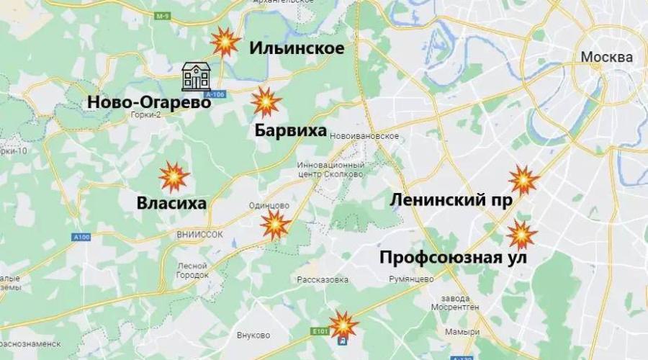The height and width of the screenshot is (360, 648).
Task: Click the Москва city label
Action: pos(607,58)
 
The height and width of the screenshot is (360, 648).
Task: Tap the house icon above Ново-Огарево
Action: pos(195,76)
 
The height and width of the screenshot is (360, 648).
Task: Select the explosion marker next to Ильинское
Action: pos(225,43)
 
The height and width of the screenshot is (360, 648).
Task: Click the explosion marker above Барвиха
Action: pos(265,103)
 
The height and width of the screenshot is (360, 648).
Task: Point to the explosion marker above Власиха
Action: pos(174,176)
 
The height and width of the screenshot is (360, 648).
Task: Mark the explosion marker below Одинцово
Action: pos(276,226)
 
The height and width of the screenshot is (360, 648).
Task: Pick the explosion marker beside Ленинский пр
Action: pos(523,180)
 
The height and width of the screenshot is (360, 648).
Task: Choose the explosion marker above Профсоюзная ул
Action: pos(521,235)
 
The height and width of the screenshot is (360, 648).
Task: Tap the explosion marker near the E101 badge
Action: pos(343,323)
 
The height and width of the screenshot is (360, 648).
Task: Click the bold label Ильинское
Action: pos(297,48)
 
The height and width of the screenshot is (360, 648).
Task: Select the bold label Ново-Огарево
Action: pos(149,102)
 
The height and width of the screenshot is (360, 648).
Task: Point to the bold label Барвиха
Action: pos(291,131)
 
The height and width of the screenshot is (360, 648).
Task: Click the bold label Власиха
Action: pos(171,204)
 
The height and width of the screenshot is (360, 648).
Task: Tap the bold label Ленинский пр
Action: pos(451,200)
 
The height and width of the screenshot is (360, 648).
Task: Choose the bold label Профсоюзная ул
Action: pos(454,257)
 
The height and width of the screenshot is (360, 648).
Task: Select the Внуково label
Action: pos(253,335)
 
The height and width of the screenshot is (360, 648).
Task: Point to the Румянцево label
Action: pos(410,278)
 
